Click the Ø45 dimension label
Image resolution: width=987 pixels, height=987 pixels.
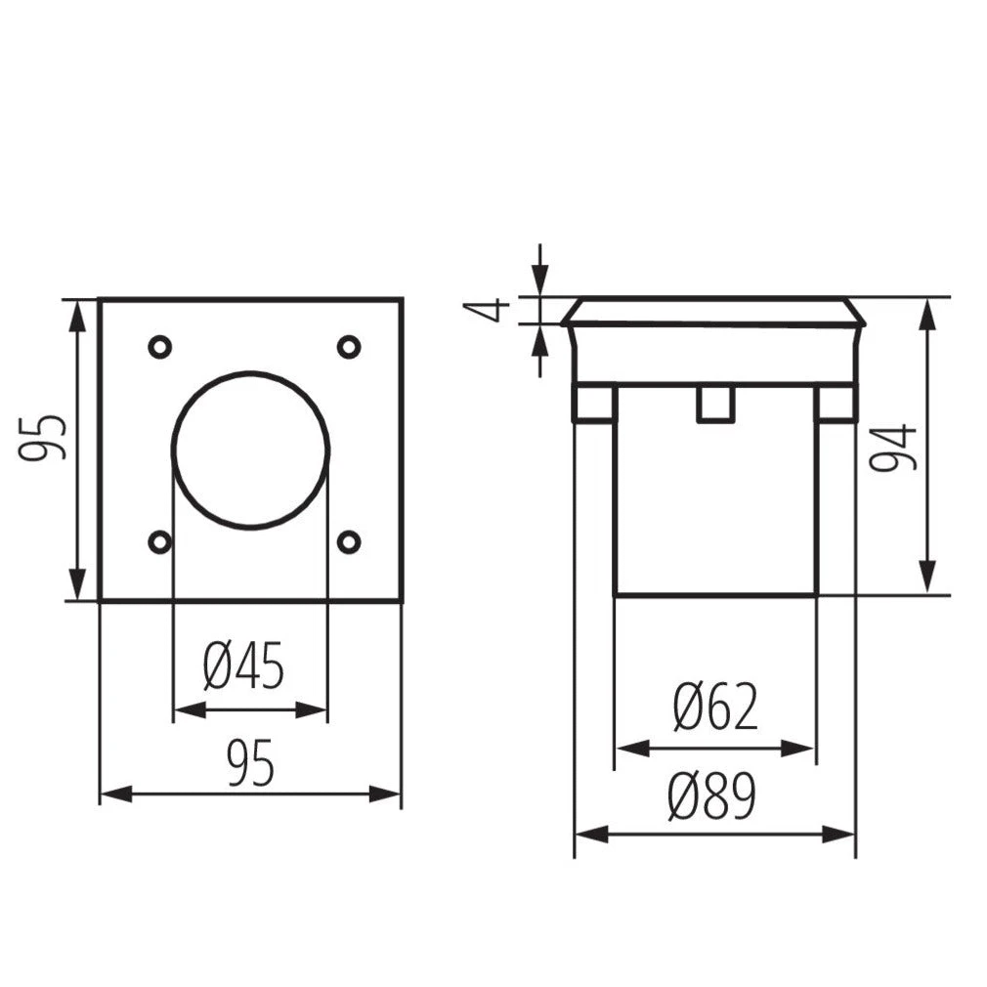click(x=243, y=665)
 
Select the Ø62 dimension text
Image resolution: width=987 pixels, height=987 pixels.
click(x=715, y=707)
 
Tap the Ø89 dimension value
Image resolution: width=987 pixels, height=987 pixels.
click(x=712, y=795)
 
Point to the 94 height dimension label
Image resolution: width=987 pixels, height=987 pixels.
click(x=892, y=447)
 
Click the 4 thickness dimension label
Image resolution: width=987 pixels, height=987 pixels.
click(x=486, y=311)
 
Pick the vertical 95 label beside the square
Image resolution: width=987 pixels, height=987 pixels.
click(x=42, y=438)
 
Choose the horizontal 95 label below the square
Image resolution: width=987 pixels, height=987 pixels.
click(x=250, y=763)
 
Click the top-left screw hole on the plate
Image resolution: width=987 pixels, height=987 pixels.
click(x=160, y=347)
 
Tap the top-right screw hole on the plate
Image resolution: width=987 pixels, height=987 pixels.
click(x=349, y=347)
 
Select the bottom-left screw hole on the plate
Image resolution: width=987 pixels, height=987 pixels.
click(x=160, y=542)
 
